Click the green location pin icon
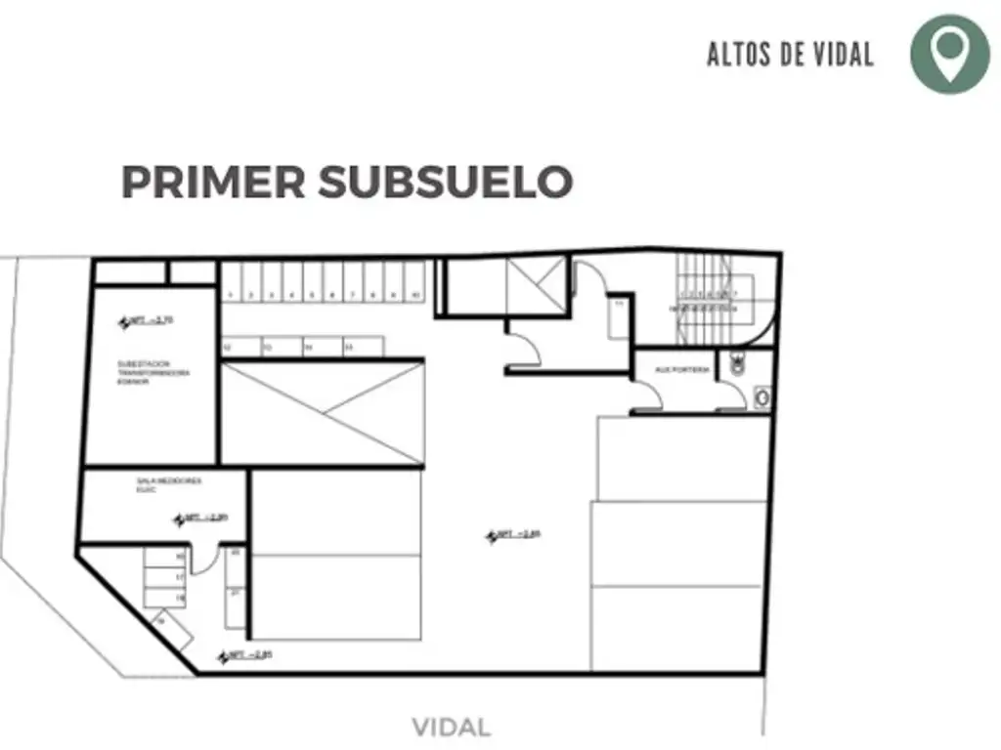[x=949, y=54]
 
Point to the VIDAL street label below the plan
[x=451, y=728]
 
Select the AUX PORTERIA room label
[x=684, y=370]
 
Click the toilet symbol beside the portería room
[x=738, y=366]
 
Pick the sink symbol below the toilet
[x=762, y=396]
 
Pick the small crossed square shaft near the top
[x=537, y=285]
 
